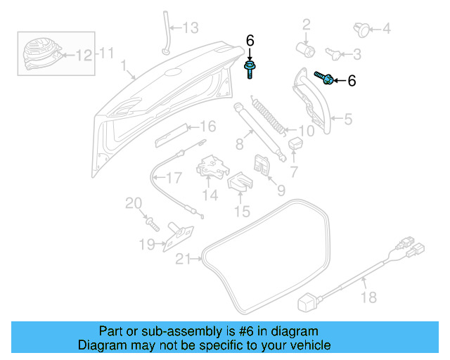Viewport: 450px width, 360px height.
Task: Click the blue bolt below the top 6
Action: [x=250, y=68]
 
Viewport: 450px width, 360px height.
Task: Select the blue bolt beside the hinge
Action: [x=323, y=78]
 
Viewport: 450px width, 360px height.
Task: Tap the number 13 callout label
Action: [x=191, y=28]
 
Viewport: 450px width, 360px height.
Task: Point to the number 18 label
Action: [x=368, y=297]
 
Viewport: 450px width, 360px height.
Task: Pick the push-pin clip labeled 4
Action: [x=362, y=29]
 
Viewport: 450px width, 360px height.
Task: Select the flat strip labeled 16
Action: [x=172, y=134]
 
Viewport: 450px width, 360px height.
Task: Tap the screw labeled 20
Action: [x=151, y=223]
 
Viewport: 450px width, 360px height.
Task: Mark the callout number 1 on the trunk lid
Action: [x=123, y=67]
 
